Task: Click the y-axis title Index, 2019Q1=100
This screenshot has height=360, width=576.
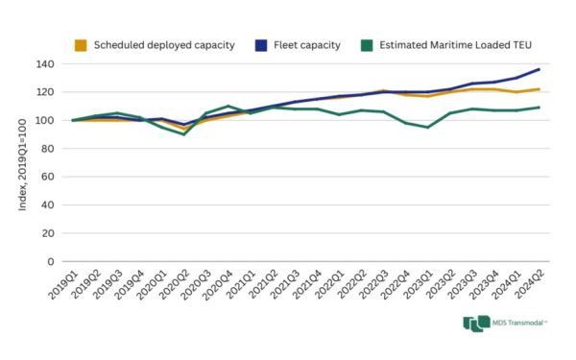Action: pyautogui.click(x=21, y=163)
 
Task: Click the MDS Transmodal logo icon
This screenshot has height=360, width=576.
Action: pyautogui.click(x=475, y=324)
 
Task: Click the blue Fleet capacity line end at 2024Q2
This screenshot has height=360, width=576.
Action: pyautogui.click(x=539, y=69)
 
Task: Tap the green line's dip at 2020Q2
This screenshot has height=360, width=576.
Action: pyautogui.click(x=183, y=134)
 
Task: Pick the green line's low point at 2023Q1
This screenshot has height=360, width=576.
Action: pyautogui.click(x=428, y=127)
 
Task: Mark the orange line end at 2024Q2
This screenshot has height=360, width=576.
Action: pyautogui.click(x=539, y=89)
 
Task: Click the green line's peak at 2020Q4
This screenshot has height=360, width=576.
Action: pyautogui.click(x=228, y=106)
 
